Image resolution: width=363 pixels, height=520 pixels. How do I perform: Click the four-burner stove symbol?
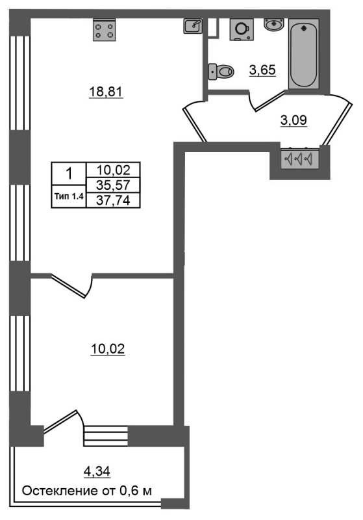click(105, 30)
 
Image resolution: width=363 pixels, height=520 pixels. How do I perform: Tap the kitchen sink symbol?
click(193, 26)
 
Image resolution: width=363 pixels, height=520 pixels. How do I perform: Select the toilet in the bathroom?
click(221, 71)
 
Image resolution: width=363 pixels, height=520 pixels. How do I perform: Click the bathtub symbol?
click(304, 54)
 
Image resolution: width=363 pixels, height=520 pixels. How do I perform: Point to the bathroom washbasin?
click(273, 24)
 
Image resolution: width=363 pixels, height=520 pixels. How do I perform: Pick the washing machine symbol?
click(242, 29)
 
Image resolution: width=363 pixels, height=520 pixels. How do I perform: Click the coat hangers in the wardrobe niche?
click(299, 159)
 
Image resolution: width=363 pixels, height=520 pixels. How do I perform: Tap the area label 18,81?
click(106, 92)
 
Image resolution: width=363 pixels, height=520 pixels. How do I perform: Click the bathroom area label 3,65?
click(262, 70)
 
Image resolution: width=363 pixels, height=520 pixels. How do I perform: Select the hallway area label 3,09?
click(294, 120)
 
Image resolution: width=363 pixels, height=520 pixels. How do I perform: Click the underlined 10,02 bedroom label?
click(108, 349)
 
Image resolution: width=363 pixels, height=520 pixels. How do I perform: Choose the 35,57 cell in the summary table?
click(113, 185)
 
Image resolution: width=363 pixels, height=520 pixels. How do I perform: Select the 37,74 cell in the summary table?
click(113, 200)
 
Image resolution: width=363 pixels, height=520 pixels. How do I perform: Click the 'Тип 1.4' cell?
click(69, 196)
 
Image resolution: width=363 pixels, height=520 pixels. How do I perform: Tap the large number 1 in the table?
click(69, 174)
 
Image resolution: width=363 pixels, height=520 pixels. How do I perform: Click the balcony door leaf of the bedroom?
click(60, 421)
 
